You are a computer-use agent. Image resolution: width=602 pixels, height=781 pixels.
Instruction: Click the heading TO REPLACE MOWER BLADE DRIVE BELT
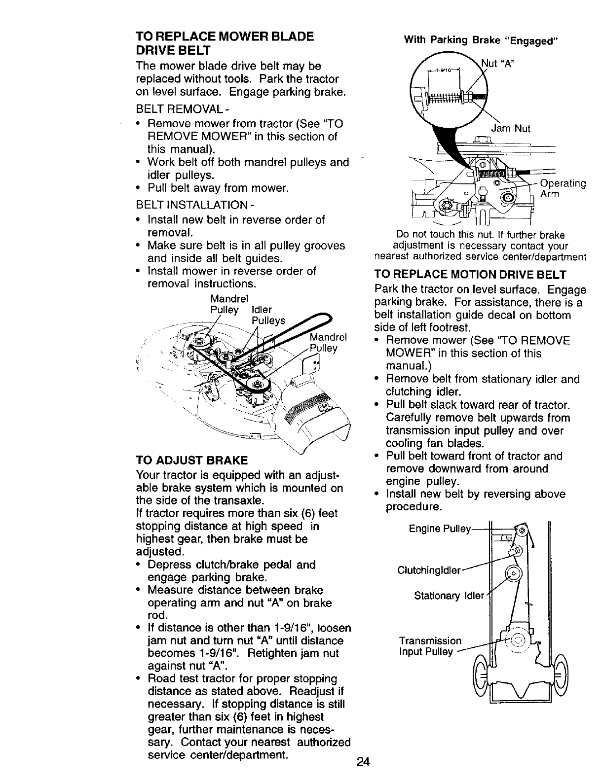[225, 43]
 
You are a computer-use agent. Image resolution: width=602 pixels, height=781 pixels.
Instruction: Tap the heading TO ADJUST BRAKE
[192, 461]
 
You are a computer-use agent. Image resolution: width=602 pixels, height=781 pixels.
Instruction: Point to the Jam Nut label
[511, 129]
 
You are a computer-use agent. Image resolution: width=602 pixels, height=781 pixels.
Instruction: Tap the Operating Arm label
[563, 188]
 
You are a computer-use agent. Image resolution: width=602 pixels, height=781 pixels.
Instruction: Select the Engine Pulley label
[440, 529]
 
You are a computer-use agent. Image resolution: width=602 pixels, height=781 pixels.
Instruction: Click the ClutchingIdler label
[429, 570]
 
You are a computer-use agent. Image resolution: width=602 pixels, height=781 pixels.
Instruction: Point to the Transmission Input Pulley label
[430, 646]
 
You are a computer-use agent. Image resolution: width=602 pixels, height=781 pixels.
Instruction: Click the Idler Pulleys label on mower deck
[268, 316]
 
